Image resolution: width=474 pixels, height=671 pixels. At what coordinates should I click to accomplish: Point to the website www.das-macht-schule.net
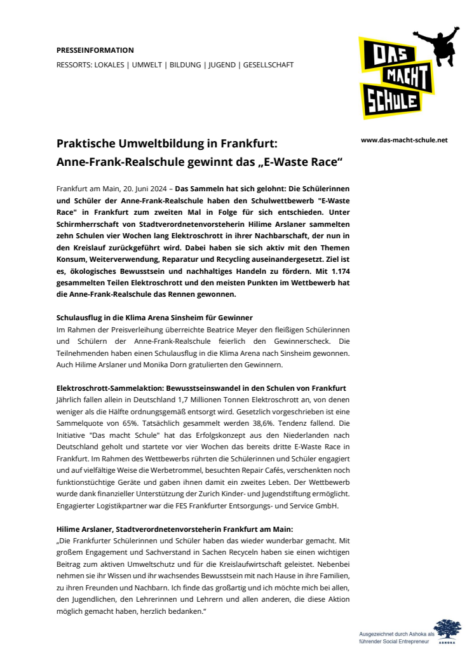tap(404, 140)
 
